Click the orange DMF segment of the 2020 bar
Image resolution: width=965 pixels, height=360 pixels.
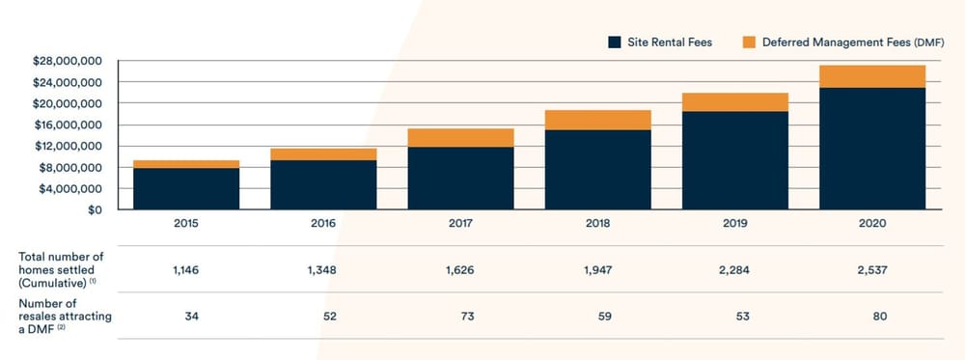pos(872,76)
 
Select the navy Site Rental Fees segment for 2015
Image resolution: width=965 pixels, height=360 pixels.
pos(186,188)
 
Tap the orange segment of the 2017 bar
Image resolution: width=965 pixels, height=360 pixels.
pos(460,137)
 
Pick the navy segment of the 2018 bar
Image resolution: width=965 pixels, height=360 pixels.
pos(597,169)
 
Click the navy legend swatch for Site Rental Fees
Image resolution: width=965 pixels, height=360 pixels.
pos(614,42)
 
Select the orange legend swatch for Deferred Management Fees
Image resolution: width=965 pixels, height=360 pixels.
pos(748,42)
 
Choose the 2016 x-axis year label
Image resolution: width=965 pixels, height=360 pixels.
pos(323,223)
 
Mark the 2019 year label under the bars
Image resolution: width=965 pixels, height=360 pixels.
pos(734,223)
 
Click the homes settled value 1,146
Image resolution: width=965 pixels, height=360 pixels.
pos(186,268)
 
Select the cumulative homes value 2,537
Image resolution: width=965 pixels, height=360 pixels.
pos(872,268)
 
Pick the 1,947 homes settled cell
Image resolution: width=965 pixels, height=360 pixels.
pos(597,268)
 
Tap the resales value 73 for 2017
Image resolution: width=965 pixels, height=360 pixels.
pos(460,316)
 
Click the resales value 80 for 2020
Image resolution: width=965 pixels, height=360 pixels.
pos(872,316)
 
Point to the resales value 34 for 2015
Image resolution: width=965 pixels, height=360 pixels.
pos(186,316)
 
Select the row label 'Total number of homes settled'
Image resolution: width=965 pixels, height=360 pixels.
pos(60,268)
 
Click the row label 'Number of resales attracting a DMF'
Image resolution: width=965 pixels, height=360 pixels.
pos(60,316)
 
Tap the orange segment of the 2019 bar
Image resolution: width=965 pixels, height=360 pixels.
pos(734,101)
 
